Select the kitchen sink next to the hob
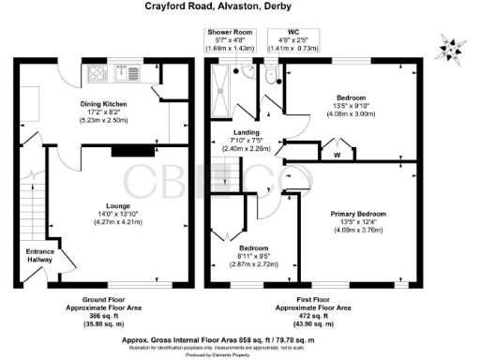coord(123,71)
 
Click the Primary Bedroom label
coord(358,215)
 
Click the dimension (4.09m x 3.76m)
coord(358,230)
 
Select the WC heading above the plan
coord(294,32)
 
